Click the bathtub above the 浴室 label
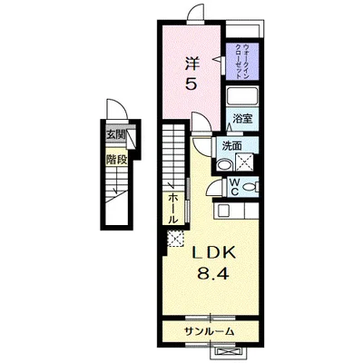(x=242, y=98)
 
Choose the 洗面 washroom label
(x=231, y=145)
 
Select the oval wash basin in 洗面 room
(x=223, y=166)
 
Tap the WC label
(x=233, y=188)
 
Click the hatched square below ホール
(x=174, y=240)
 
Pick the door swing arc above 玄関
(x=115, y=111)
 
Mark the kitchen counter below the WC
(x=238, y=210)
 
